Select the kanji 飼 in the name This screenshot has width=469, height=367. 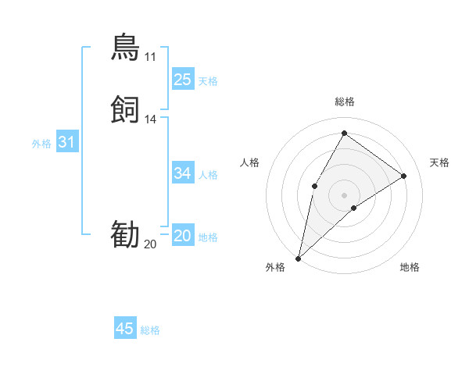click(125, 109)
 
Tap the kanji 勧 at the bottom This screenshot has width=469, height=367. click(125, 235)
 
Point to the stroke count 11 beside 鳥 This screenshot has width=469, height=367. click(150, 57)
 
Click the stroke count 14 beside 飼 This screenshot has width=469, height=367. click(151, 119)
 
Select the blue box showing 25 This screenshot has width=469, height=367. click(182, 79)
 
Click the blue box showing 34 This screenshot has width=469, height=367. click(182, 173)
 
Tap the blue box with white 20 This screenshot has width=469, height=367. click(182, 236)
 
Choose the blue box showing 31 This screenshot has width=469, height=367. click(67, 142)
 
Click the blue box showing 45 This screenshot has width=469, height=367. click(125, 329)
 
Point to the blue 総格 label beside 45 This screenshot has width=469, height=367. click(150, 330)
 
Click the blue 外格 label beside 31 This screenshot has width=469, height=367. click(41, 144)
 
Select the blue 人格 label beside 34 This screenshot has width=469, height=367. click(208, 175)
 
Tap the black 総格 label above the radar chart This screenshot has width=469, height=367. click(344, 102)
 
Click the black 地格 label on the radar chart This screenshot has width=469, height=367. click(410, 267)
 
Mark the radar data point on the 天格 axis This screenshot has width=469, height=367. click(404, 176)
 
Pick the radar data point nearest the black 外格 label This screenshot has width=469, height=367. click(298, 258)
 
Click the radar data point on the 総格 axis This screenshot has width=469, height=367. click(344, 133)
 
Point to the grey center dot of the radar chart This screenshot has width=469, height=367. click(344, 194)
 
